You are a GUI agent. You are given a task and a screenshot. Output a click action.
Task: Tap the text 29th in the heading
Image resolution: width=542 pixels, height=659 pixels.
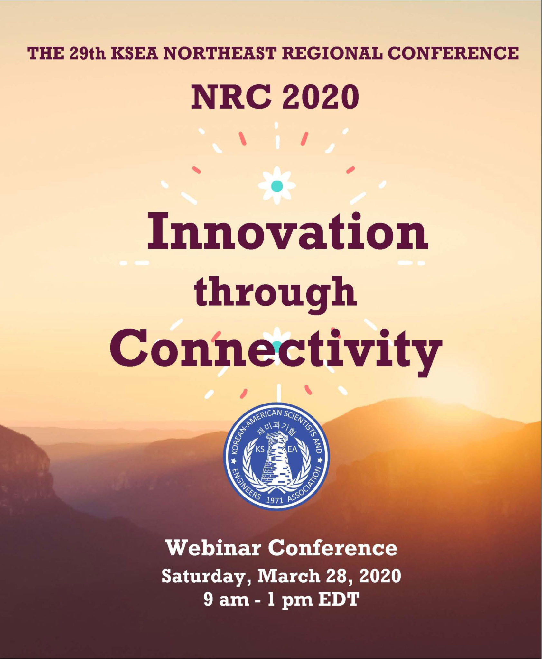[87, 53]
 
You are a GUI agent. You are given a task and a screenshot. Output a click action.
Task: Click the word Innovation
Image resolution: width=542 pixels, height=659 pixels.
[287, 232]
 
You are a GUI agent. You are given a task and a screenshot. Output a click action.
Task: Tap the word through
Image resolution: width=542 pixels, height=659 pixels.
[276, 293]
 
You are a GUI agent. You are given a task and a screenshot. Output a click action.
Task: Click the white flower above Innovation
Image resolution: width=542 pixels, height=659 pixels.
[277, 186]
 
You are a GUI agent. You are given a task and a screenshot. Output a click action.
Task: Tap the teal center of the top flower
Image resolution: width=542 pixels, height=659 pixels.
[277, 186]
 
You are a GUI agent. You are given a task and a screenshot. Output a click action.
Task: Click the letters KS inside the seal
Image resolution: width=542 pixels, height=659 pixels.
[260, 450]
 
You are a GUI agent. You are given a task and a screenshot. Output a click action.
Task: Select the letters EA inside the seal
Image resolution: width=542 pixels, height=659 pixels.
[292, 450]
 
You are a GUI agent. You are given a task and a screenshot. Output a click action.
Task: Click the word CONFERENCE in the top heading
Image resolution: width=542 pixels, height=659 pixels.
[453, 53]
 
